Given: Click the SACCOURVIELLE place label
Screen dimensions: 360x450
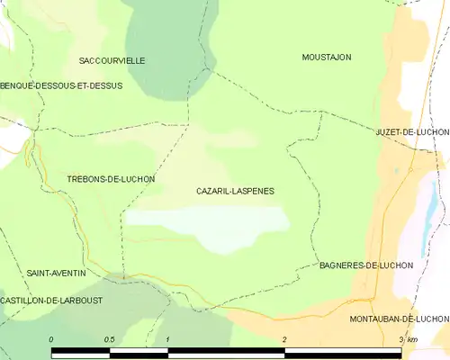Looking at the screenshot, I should [112, 60].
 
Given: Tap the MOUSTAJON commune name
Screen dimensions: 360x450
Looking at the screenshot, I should [326, 57].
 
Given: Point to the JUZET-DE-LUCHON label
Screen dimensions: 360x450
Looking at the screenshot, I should [411, 131].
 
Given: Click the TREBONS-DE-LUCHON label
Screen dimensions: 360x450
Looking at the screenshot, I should [111, 179].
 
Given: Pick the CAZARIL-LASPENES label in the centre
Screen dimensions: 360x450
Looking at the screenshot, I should [235, 192].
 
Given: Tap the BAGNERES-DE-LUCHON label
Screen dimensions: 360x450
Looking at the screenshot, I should [366, 265].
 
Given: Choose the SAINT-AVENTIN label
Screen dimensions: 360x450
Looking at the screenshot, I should [56, 273].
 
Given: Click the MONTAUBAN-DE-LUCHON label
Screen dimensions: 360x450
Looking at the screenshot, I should [399, 319].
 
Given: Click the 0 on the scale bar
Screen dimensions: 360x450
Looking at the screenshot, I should [51, 338].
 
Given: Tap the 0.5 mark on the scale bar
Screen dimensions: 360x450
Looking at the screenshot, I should [109, 338].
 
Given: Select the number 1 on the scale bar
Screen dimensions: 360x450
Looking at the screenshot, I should [168, 338].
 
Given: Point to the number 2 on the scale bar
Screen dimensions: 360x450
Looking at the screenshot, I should [284, 338].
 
